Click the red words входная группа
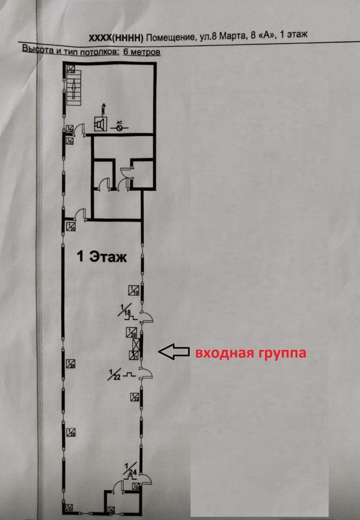pyautogui.click(x=250, y=353)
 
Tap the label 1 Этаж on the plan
pyautogui.click(x=102, y=257)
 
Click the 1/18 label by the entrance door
pyautogui.click(x=126, y=310)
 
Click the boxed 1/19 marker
pyautogui.click(x=134, y=290)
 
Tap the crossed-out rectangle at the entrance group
pyautogui.click(x=140, y=344)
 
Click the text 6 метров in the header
pyautogui.click(x=142, y=53)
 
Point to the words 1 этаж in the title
pyautogui.click(x=292, y=35)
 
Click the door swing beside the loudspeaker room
pyautogui.click(x=79, y=128)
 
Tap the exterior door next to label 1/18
pyautogui.click(x=146, y=317)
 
